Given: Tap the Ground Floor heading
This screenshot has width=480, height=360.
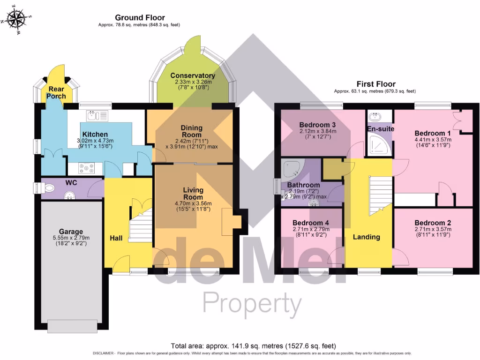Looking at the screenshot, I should (139, 18).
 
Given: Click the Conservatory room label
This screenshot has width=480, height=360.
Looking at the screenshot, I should (193, 75).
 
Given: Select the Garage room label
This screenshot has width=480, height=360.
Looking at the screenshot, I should (71, 232).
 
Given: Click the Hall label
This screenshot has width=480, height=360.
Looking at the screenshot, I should (116, 239).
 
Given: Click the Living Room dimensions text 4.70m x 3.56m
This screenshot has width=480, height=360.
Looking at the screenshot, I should (193, 203).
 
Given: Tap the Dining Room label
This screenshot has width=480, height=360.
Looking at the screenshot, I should (192, 131).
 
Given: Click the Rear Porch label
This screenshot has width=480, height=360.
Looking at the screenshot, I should (56, 93).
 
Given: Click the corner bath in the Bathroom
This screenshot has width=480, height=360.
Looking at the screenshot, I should (292, 168).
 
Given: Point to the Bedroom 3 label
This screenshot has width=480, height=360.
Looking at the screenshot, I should (317, 125).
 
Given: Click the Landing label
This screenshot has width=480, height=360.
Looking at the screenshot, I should (366, 237).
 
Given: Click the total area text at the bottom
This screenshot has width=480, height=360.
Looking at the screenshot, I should (253, 346).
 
